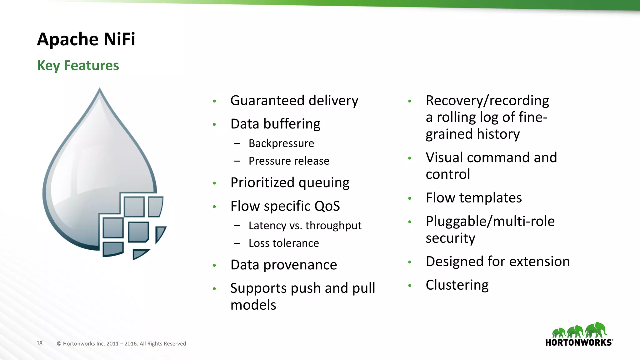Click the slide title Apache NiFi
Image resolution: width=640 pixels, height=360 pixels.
(x=86, y=39)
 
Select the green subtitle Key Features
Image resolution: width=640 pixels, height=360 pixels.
(x=78, y=66)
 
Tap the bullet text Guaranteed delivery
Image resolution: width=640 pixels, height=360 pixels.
(x=294, y=101)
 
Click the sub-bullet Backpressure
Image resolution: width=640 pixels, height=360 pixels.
(x=281, y=143)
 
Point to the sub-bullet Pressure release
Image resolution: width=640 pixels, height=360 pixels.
(x=289, y=161)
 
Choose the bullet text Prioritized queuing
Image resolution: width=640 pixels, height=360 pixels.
(x=290, y=183)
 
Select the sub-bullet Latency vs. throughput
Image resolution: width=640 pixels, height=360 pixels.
(x=305, y=226)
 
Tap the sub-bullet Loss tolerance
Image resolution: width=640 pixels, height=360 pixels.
(x=283, y=243)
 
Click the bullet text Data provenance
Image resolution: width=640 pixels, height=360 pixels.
(x=283, y=265)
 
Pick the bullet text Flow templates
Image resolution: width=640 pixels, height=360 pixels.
(x=473, y=198)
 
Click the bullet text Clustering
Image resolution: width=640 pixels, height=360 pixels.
(x=457, y=285)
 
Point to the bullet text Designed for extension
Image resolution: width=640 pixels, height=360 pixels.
(x=497, y=262)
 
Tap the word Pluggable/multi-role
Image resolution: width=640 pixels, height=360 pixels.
(x=490, y=221)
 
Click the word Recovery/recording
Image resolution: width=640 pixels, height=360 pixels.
(x=487, y=101)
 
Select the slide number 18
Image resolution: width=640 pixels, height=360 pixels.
(x=39, y=343)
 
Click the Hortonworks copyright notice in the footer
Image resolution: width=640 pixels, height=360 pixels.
(x=121, y=344)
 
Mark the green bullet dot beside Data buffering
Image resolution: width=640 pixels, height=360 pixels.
(x=214, y=124)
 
